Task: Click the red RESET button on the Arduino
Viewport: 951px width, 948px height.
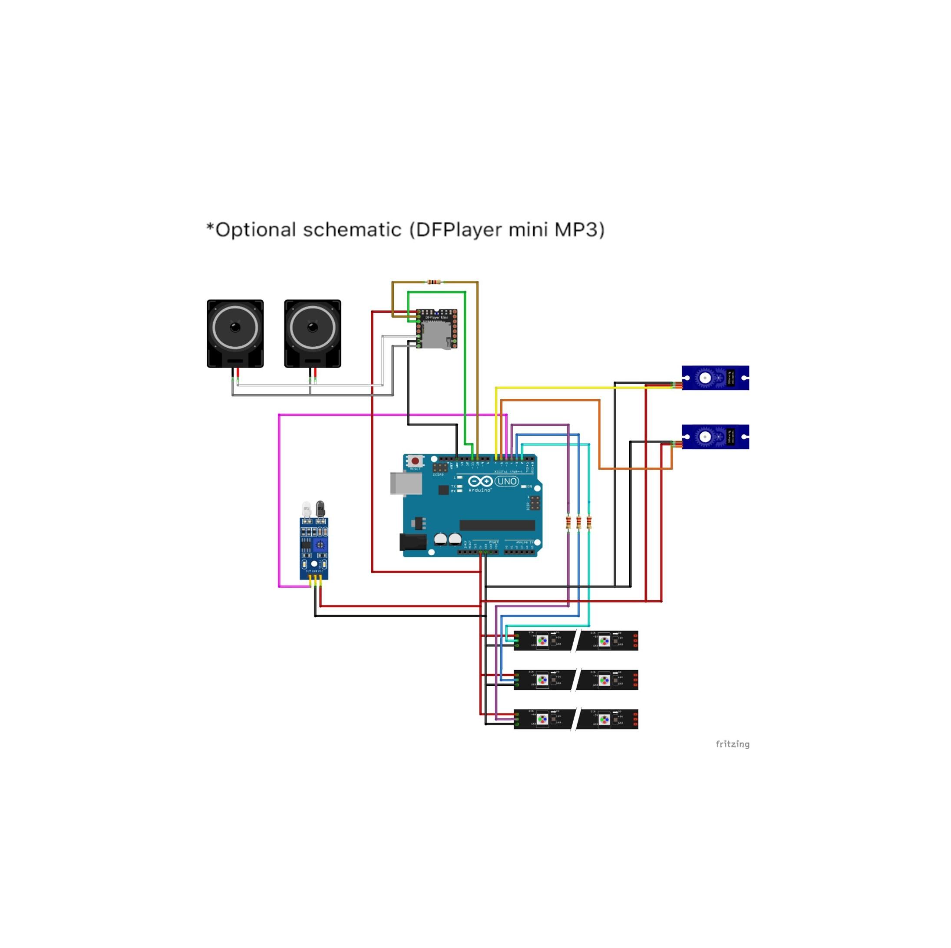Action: pyautogui.click(x=415, y=461)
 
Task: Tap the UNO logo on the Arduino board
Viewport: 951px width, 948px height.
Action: pyautogui.click(x=506, y=481)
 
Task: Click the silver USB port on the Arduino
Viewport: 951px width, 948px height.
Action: pyautogui.click(x=406, y=483)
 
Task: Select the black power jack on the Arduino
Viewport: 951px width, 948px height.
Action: pyautogui.click(x=413, y=542)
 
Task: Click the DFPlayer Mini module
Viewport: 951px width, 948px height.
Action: pyautogui.click(x=436, y=329)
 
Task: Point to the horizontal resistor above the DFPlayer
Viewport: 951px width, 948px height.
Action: pyautogui.click(x=434, y=282)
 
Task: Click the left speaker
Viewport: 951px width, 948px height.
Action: pyautogui.click(x=235, y=333)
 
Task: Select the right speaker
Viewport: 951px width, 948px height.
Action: pyautogui.click(x=312, y=333)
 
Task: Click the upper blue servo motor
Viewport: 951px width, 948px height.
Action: pyautogui.click(x=715, y=378)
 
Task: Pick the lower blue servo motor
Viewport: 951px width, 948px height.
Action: pyautogui.click(x=715, y=436)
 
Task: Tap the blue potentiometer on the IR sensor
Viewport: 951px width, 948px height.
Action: pyautogui.click(x=320, y=545)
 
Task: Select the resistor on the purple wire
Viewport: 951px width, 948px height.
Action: pyautogui.click(x=568, y=523)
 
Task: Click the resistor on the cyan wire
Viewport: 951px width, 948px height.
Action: pyautogui.click(x=589, y=523)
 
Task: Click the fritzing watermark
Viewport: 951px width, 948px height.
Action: pyautogui.click(x=733, y=744)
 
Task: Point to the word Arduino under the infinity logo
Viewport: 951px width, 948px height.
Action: pyautogui.click(x=480, y=490)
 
